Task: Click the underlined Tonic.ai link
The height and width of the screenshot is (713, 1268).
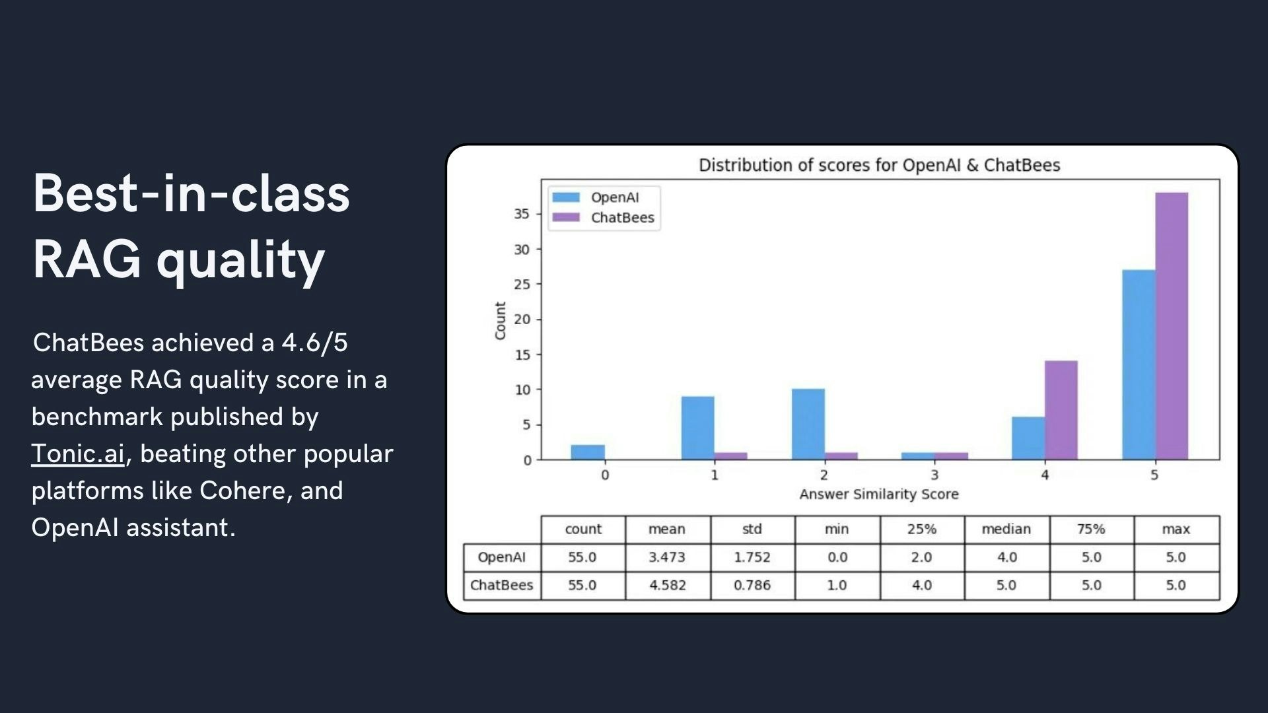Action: click(x=78, y=454)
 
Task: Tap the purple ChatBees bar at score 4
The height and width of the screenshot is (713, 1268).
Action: click(x=1061, y=410)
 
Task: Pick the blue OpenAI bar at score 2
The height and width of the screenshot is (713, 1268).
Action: click(x=808, y=424)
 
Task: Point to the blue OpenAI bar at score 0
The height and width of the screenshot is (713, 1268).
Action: click(x=588, y=452)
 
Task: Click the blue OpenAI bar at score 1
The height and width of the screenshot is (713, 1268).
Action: click(x=697, y=428)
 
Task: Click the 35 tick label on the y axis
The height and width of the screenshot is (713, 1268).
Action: click(x=522, y=214)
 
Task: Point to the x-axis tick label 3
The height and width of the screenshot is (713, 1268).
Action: click(x=934, y=475)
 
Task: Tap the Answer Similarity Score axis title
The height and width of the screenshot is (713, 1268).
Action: click(x=879, y=494)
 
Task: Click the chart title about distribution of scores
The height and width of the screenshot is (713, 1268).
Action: click(x=879, y=165)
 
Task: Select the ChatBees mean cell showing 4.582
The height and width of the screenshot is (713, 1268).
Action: click(x=668, y=586)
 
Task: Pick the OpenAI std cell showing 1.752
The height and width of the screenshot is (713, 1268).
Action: click(x=752, y=557)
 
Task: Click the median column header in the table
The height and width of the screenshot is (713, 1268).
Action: click(x=1006, y=529)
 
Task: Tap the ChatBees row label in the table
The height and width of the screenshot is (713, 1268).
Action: click(x=501, y=586)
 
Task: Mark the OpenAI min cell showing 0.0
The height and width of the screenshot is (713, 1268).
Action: click(x=837, y=557)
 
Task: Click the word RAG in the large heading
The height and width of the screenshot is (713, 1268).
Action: click(x=87, y=259)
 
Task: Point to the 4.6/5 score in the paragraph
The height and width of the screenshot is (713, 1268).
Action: click(x=314, y=343)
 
